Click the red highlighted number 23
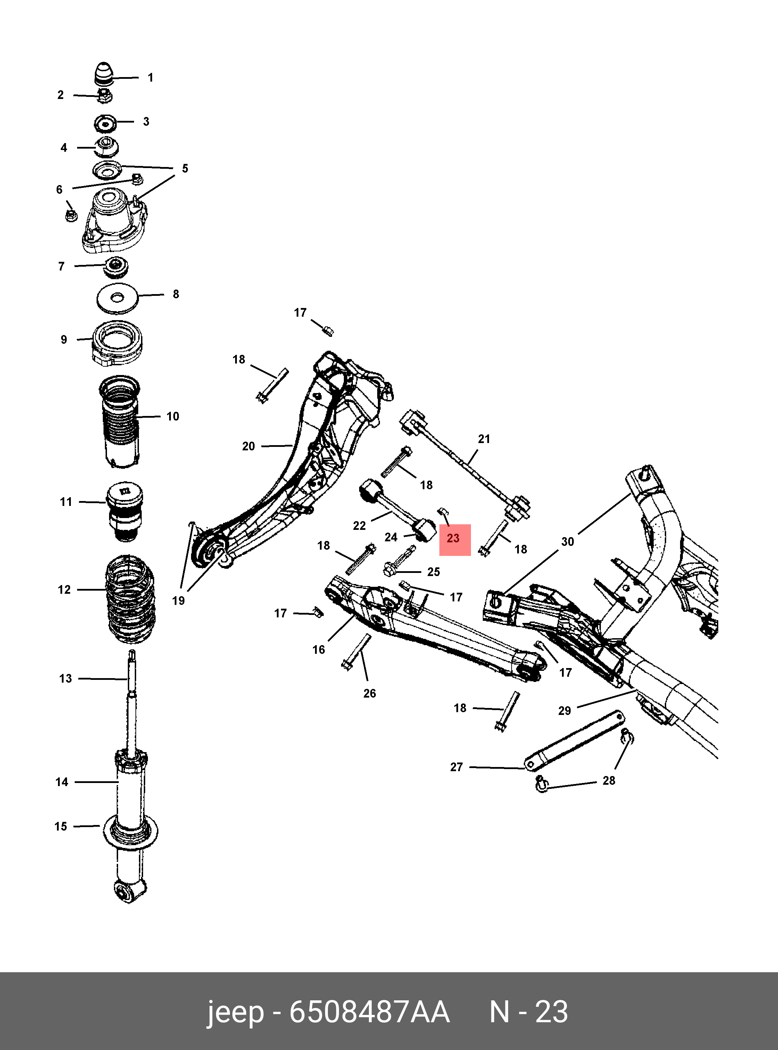(x=453, y=538)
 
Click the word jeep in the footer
(x=235, y=1012)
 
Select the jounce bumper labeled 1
(x=105, y=74)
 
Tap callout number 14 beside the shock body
(x=62, y=782)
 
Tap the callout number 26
(x=370, y=693)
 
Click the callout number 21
(x=484, y=439)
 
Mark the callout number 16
(x=319, y=650)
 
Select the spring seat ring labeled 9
(x=117, y=343)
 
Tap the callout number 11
(x=66, y=502)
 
